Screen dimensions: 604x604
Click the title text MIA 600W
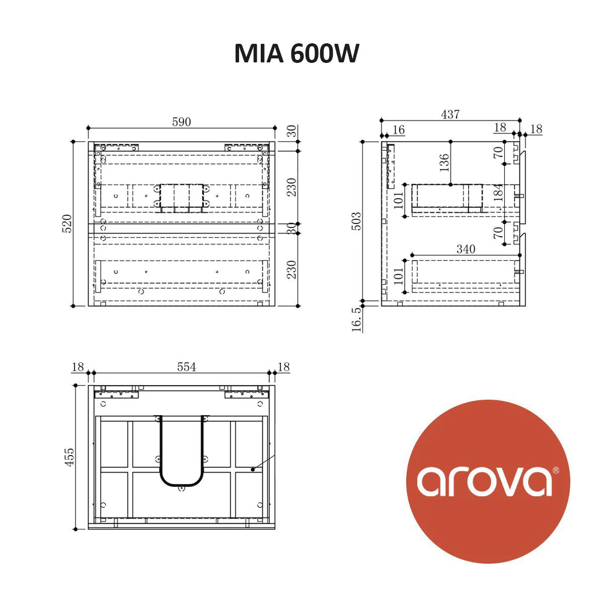tap(296, 53)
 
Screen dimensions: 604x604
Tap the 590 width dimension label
tap(181, 122)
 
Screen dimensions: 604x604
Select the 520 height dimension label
tap(67, 223)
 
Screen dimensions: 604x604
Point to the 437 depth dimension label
tap(450, 115)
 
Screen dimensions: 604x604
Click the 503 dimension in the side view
tap(356, 221)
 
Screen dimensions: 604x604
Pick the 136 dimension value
tap(443, 163)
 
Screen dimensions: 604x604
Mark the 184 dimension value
tap(498, 193)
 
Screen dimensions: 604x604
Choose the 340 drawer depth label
tap(466, 249)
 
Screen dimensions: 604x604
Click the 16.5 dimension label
tap(356, 319)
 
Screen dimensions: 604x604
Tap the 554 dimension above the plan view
tap(186, 367)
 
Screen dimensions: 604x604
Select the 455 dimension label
tap(69, 457)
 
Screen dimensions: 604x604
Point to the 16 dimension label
tap(398, 130)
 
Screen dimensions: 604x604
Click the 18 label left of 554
tap(78, 366)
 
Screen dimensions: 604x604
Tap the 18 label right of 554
tap(284, 367)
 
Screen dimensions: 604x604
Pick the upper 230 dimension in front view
tap(291, 187)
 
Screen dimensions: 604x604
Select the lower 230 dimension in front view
tap(291, 269)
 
